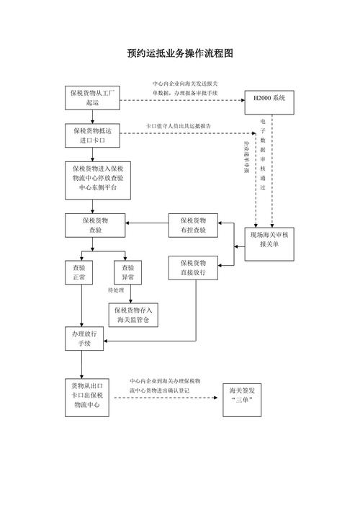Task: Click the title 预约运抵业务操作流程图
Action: click(x=180, y=53)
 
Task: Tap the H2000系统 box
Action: click(x=270, y=97)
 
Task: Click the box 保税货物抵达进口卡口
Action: click(x=92, y=135)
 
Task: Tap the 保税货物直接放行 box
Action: click(x=193, y=267)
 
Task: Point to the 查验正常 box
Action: click(x=79, y=272)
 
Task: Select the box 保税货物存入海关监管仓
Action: click(x=132, y=314)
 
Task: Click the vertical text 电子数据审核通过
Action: click(x=263, y=155)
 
